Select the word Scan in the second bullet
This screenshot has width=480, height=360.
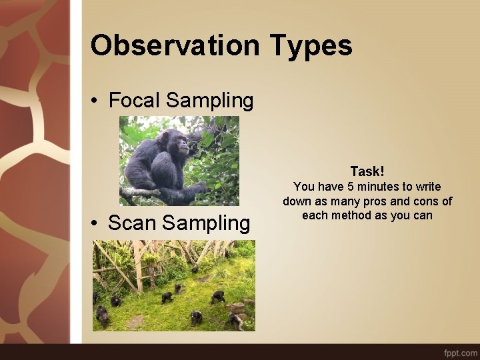click(x=132, y=223)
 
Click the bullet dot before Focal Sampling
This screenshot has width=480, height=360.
click(x=96, y=101)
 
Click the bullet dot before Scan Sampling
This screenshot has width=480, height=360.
click(x=96, y=223)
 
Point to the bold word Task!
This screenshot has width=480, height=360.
click(x=367, y=171)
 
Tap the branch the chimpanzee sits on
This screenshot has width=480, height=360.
click(x=143, y=193)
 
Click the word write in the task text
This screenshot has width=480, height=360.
click(x=428, y=187)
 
